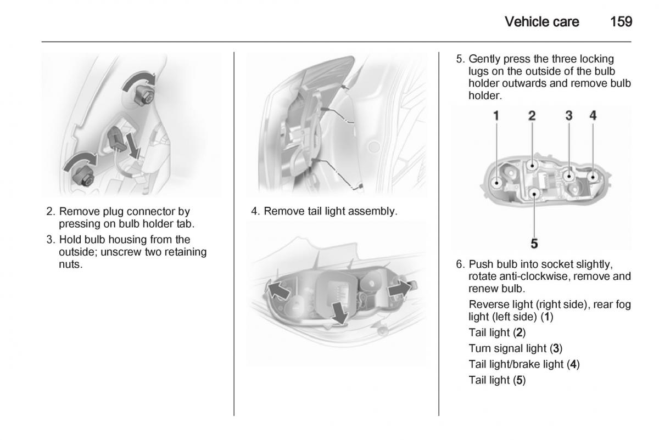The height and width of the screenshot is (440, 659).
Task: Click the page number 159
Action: click(x=621, y=22)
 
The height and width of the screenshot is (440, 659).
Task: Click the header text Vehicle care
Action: click(x=541, y=22)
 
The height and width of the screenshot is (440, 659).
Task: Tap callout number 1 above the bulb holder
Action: click(x=496, y=116)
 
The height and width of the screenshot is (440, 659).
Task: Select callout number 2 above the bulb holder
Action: click(x=532, y=116)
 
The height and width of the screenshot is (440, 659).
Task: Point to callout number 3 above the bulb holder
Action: click(x=569, y=116)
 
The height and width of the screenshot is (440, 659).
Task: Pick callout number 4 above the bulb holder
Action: click(x=593, y=116)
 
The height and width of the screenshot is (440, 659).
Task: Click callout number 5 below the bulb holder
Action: click(x=534, y=242)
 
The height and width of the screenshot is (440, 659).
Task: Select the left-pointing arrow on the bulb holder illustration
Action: click(x=278, y=289)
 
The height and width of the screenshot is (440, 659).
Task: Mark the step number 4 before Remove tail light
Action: click(x=255, y=211)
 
